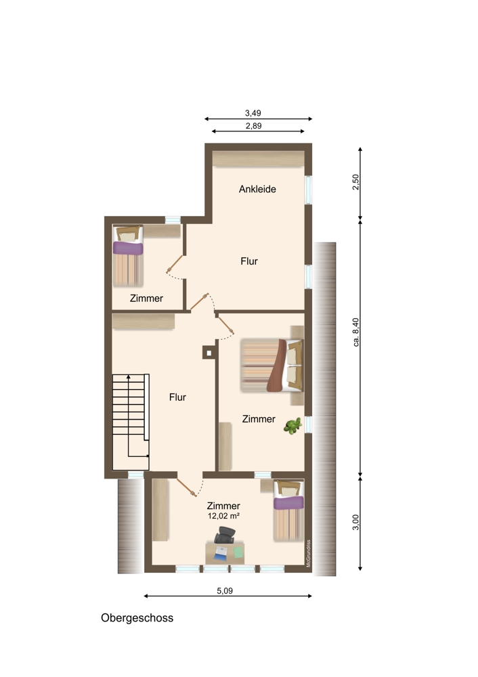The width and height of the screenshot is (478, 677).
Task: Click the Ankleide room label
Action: [257, 189]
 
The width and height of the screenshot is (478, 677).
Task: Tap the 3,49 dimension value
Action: [253, 113]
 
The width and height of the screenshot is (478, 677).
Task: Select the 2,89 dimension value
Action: [253, 126]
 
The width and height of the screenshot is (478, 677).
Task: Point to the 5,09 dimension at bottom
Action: [225, 590]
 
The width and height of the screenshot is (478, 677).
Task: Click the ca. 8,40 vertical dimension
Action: [356, 332]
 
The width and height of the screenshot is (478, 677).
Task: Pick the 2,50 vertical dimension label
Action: [356, 181]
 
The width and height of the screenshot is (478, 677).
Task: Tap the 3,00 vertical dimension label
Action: [356, 522]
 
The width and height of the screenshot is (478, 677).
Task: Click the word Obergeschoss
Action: [137, 618]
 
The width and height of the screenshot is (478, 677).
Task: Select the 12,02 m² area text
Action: [223, 516]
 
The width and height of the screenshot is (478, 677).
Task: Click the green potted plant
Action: [292, 426]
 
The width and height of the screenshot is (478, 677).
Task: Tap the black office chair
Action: [225, 535]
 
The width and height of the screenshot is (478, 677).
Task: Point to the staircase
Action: [131, 422]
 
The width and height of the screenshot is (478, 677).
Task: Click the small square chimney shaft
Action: [209, 353]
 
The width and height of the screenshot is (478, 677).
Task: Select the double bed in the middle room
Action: [272, 366]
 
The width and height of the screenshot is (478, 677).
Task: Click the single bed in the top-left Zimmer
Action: [128, 256]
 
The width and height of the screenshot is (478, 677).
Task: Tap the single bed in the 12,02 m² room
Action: [289, 510]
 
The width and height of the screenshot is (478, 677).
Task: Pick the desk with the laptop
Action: [225, 553]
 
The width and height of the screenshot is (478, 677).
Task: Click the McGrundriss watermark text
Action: [308, 553]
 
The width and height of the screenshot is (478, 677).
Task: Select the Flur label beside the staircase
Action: [177, 397]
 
